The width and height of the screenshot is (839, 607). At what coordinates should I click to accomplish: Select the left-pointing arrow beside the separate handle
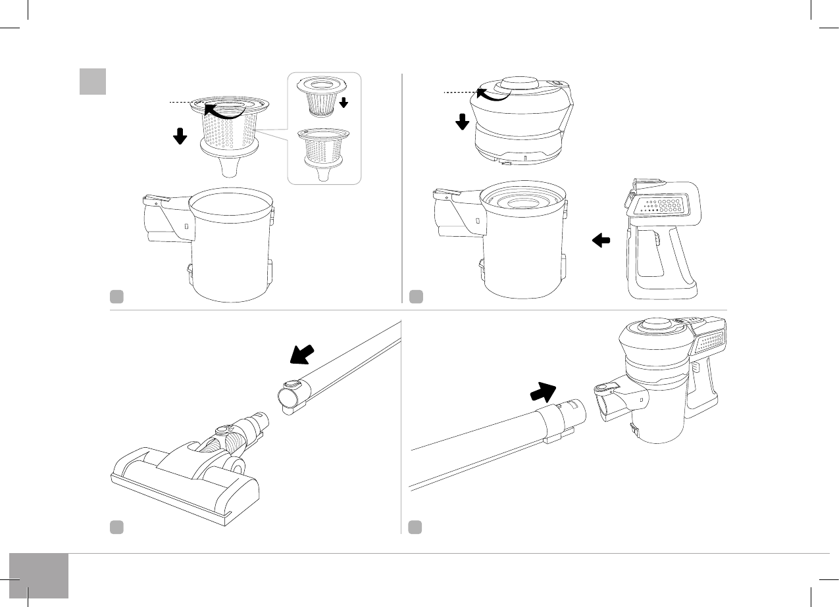(x=601, y=241)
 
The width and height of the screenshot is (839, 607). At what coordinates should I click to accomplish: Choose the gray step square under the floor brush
(x=116, y=527)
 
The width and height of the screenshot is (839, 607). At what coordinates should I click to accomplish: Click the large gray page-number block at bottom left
(x=39, y=575)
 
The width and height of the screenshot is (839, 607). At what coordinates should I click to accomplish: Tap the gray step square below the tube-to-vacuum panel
(x=415, y=527)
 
